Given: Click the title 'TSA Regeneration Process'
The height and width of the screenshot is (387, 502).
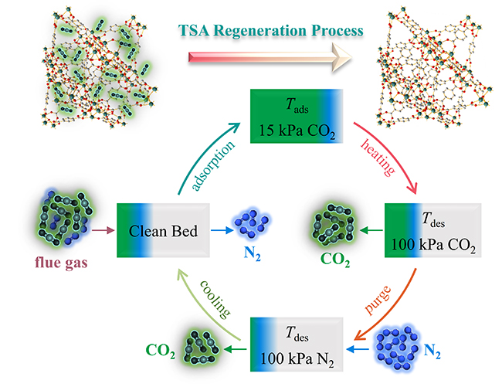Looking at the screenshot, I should (260, 30).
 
